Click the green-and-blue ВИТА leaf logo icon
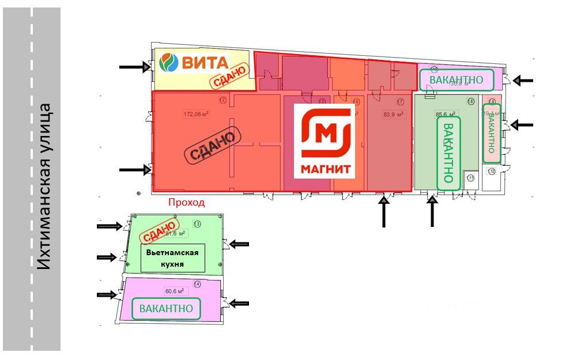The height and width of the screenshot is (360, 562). click(x=169, y=62)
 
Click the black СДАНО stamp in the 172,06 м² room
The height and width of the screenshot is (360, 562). click(x=212, y=145)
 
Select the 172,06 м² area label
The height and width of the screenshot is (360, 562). click(x=196, y=113)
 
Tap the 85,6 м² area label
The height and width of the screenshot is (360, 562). click(x=444, y=113)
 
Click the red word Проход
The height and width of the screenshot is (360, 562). click(x=186, y=203)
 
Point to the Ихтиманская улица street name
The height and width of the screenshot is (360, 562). click(x=46, y=187)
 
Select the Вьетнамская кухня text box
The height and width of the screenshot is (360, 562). click(x=172, y=259)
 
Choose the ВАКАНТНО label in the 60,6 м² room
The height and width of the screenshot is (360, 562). click(x=166, y=309)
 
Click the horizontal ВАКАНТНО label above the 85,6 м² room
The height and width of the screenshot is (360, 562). click(x=457, y=79)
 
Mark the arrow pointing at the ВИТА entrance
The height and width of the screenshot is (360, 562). click(x=134, y=67)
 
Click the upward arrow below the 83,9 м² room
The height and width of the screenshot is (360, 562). click(x=384, y=213)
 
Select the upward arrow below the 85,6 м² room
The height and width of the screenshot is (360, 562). click(x=432, y=213)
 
